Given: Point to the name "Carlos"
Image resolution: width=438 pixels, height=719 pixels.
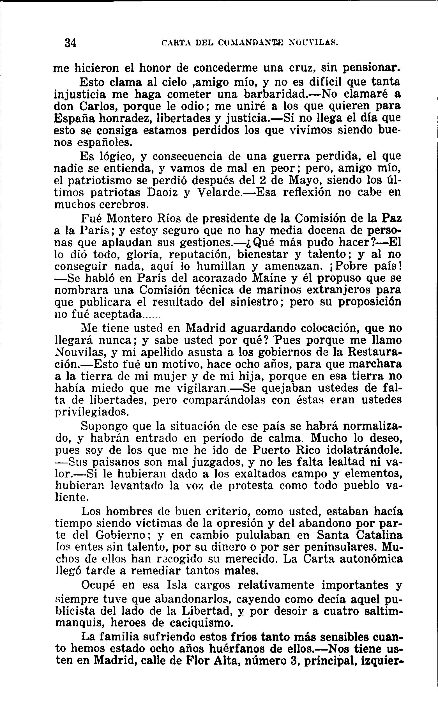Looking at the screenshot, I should pyautogui.click(x=98, y=106).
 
